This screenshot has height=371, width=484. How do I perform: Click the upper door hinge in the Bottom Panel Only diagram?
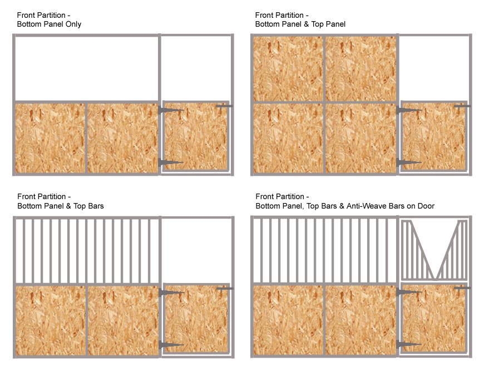170,111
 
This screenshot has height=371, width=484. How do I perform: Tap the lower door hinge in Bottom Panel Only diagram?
170,162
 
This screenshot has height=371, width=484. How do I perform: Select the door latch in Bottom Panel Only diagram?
224,106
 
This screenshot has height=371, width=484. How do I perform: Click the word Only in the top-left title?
72,24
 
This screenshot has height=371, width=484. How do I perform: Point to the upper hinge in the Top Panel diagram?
409,111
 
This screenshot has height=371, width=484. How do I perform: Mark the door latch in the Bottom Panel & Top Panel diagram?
462,106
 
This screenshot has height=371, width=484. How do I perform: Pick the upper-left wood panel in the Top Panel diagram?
288,70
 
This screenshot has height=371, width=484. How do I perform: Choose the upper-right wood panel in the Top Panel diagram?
360,70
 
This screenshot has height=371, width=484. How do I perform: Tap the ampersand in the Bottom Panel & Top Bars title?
68,206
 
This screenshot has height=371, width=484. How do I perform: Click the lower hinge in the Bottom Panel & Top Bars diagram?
170,345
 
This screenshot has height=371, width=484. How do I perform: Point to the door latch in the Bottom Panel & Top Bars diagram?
224,288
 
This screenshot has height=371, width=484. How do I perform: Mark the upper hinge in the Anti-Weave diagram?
409,292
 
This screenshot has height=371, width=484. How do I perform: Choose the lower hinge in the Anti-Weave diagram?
409,345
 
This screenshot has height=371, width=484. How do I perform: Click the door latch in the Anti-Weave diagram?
462,288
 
